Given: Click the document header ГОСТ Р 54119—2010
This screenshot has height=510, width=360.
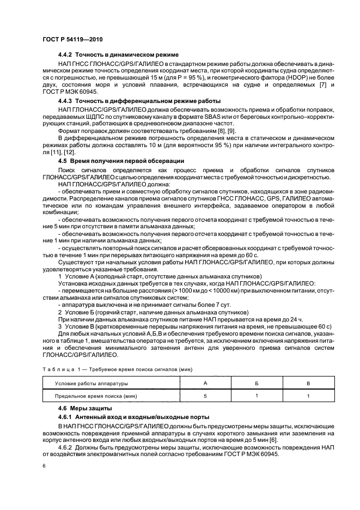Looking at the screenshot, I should (72, 40).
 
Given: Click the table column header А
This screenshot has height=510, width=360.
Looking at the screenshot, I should (205, 383).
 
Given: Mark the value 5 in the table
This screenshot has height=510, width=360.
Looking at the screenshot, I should (205, 396).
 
